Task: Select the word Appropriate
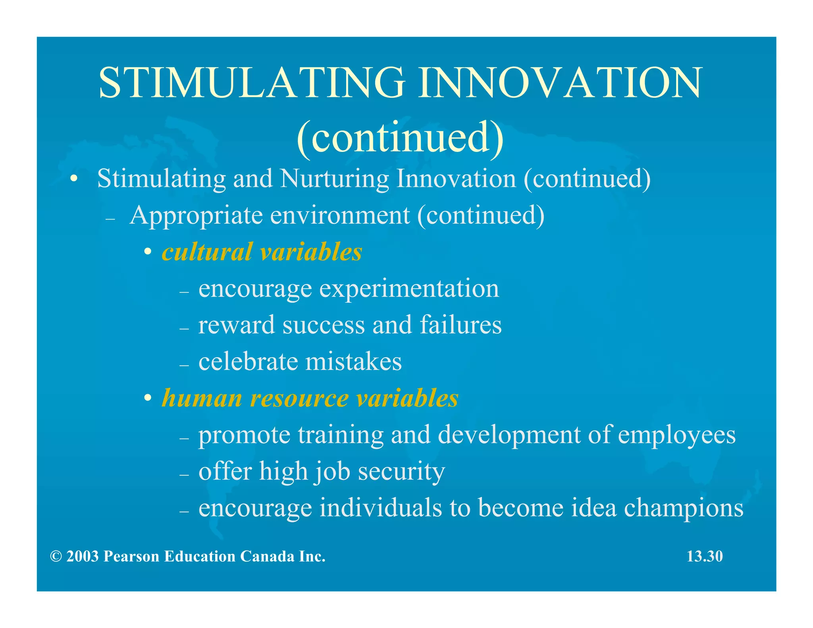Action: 196,216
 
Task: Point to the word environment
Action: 340,216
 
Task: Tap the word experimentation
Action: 409,289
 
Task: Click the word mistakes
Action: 353,362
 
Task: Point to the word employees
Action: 676,435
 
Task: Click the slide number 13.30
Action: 705,557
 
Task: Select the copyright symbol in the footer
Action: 56,557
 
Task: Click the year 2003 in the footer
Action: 82,557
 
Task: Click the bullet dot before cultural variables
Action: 148,252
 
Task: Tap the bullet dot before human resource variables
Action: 148,398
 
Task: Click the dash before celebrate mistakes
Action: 184,364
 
